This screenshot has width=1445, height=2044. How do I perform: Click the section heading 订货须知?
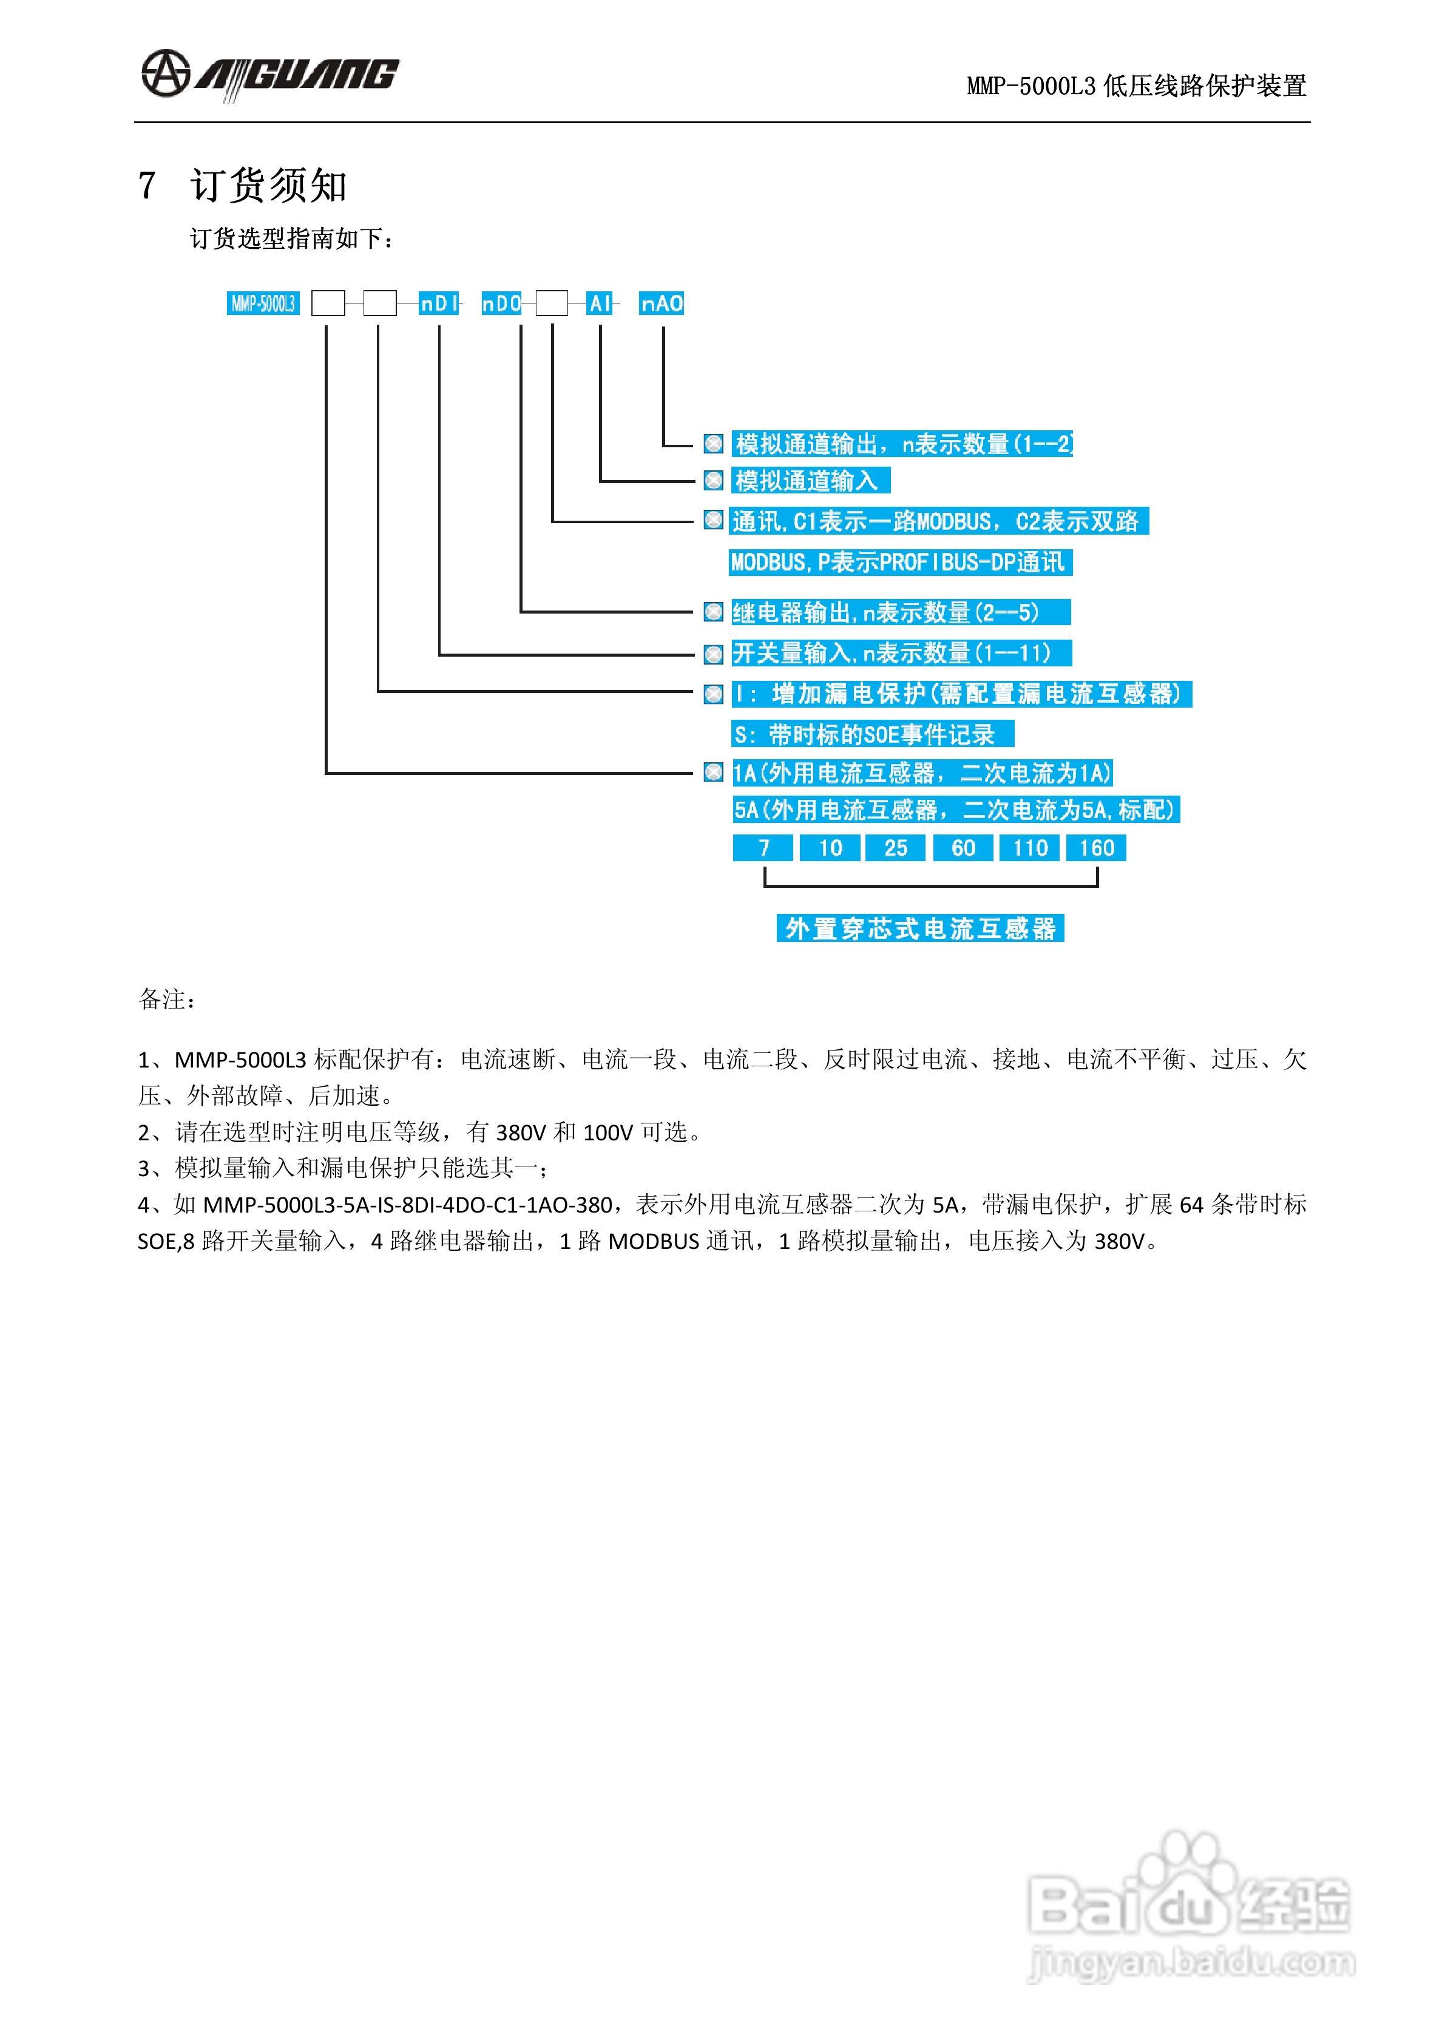pos(268,186)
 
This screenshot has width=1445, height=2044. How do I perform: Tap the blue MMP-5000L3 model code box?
pos(263,303)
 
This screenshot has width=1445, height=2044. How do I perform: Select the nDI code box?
pos(439,303)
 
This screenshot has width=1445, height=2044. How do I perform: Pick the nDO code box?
pos(501,303)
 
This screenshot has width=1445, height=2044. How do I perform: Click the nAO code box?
pos(662,303)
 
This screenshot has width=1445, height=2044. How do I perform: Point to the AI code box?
pos(600,303)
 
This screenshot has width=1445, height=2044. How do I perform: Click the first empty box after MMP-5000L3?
pos(328,303)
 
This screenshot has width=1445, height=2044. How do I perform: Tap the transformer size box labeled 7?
pos(763,847)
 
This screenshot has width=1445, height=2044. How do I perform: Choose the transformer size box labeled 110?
pos(1029,847)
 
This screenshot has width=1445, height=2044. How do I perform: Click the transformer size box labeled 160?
pos(1096,847)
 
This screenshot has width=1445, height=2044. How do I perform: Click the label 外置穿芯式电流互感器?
pos(919,929)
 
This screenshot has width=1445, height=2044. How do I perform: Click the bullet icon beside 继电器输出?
pos(713,612)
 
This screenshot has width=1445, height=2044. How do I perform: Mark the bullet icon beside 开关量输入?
pos(713,654)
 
